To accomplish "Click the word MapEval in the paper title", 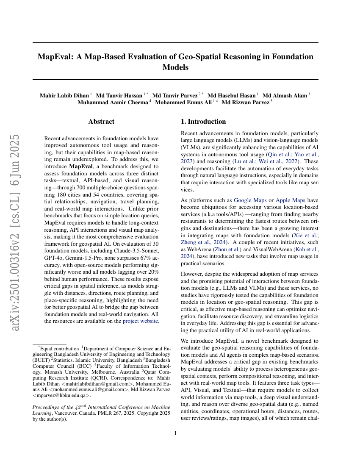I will pos(55,57).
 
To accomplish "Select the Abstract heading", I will pos(101,122).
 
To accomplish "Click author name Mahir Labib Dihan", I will pos(64,96).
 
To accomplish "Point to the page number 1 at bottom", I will pos(175,433).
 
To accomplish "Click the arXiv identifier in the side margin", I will pos(15,216).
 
